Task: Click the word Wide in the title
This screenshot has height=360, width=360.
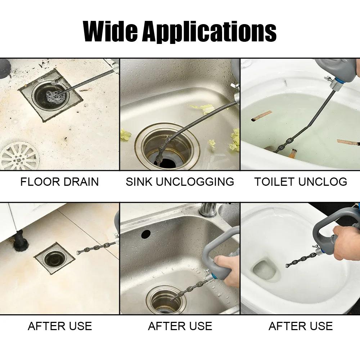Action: [110, 31]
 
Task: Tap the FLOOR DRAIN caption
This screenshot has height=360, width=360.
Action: [59, 181]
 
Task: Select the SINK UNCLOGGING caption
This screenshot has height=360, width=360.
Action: [180, 181]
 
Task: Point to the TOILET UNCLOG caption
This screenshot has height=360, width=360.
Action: [301, 181]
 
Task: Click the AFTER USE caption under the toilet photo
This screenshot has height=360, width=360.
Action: [301, 326]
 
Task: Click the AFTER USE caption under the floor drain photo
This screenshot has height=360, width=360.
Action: [60, 326]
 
